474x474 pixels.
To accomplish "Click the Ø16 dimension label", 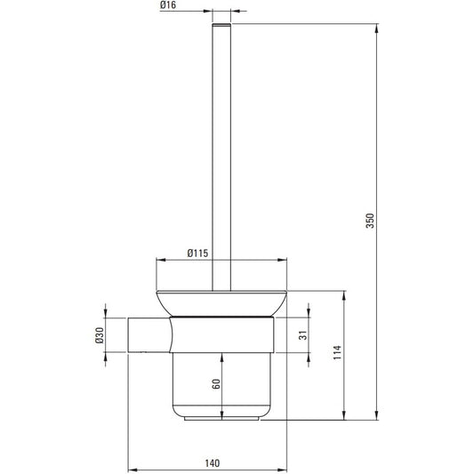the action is click(x=168, y=5).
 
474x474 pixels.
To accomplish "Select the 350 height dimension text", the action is click(x=370, y=221).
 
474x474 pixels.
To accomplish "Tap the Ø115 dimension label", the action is click(x=197, y=253).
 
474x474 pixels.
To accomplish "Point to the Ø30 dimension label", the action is click(x=100, y=335).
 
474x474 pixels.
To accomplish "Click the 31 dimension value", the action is click(x=303, y=335).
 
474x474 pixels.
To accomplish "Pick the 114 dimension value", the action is click(x=337, y=352).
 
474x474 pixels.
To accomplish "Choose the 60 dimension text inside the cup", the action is click(x=216, y=384).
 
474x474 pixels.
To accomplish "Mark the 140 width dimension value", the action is click(x=213, y=463).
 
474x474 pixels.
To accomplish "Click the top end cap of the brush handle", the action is click(x=221, y=25).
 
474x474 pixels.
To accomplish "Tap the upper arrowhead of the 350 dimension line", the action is click(x=377, y=28).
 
